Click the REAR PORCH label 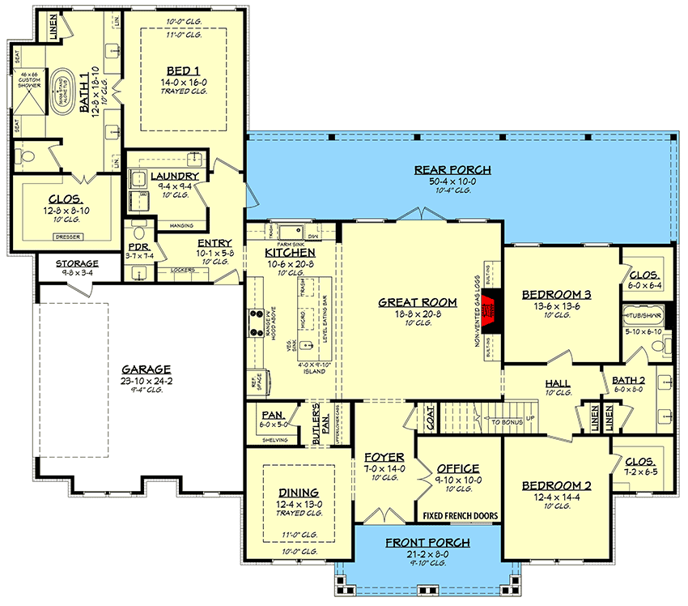tap(453, 169)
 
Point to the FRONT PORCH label tap(418, 542)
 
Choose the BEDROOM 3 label tap(557, 294)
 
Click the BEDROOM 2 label tap(556, 485)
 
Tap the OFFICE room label tap(457, 468)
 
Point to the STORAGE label tap(77, 263)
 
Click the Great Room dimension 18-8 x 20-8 tap(418, 313)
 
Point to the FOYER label tap(378, 457)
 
